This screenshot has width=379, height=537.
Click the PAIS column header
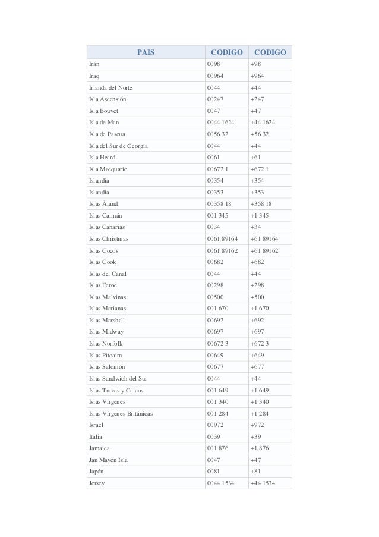point(146,52)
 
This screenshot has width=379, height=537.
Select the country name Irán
point(94,65)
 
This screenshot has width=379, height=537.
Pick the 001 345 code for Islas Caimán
point(217,215)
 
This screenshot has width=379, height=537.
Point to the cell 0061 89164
point(222,238)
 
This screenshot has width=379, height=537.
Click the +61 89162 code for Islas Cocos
point(264,250)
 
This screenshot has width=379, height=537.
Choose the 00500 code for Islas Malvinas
point(215,297)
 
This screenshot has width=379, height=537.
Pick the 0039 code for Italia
point(213,436)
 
